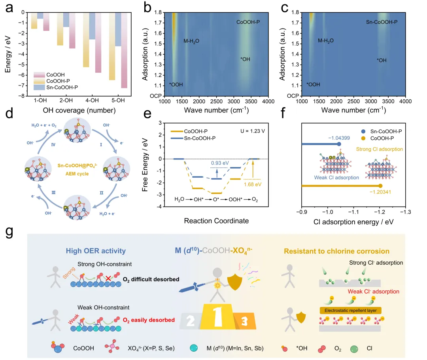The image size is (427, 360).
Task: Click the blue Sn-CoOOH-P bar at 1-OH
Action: pos(40,15)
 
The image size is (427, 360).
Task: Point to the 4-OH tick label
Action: pos(95,100)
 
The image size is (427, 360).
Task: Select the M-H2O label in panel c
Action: pos(325,41)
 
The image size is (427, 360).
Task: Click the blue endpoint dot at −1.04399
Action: pos(339,144)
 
